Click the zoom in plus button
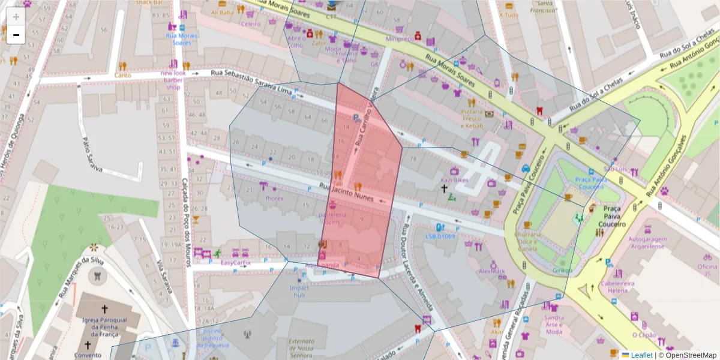coord(16,16)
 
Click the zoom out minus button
coord(16,35)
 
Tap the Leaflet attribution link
coord(641,355)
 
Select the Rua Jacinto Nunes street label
coord(351,193)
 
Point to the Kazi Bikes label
coord(454,180)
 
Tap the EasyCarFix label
coord(235,263)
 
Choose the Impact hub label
coord(299,291)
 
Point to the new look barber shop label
coord(173,80)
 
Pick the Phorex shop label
coord(274,198)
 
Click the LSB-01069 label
coord(440,236)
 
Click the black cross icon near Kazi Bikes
coord(445,189)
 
